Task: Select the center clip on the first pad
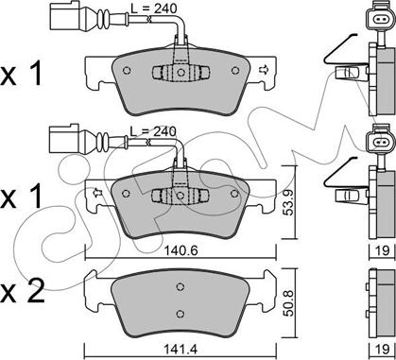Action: [181, 73]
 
